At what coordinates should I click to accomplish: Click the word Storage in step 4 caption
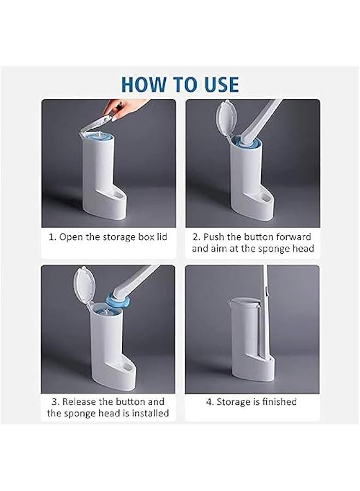coord(235,402)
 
